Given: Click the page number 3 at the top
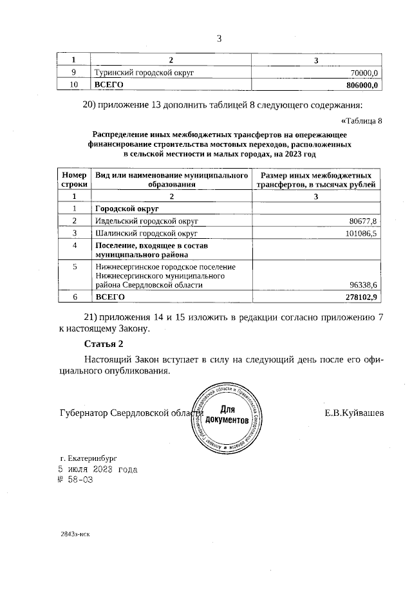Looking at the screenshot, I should click(x=218, y=38).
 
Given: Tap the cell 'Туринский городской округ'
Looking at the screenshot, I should click(x=144, y=73).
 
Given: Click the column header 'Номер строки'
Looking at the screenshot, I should click(x=73, y=180).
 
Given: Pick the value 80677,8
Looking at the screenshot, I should click(x=362, y=221).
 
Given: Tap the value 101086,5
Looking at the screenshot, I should click(x=360, y=232).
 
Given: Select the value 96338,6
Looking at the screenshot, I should click(x=362, y=284).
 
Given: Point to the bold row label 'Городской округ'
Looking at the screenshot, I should click(x=127, y=209).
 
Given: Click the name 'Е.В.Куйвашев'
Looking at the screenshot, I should click(x=354, y=413).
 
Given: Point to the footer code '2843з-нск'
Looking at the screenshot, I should click(x=75, y=534).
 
